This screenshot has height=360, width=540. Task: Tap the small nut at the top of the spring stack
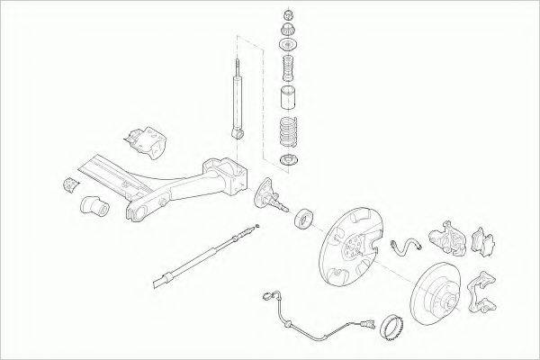click(287, 15)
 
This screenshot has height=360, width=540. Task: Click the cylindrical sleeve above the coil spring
click(287, 99)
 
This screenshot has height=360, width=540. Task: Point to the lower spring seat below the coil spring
click(288, 163)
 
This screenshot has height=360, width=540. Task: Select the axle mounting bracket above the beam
click(144, 140)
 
